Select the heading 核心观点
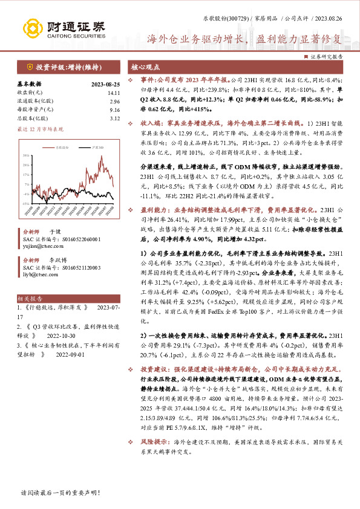click(146, 67)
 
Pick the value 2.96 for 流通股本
click(114, 102)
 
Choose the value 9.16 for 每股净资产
click(114, 110)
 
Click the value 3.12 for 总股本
click(114, 118)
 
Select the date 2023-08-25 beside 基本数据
click(105, 84)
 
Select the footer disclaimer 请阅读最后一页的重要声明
click(51, 493)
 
